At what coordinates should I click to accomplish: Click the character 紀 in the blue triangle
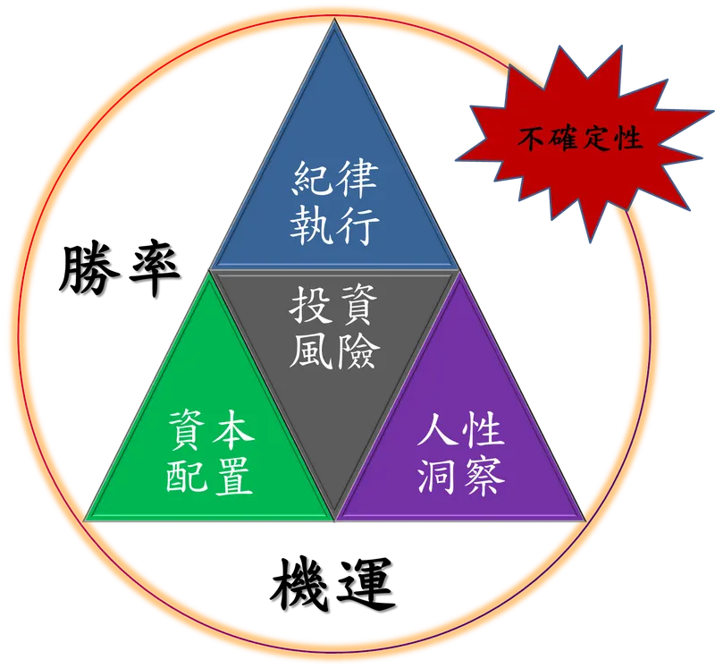(x=312, y=180)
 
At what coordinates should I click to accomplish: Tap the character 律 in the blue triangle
(x=357, y=180)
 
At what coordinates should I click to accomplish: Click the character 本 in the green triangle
(x=232, y=432)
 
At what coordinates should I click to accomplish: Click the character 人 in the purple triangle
(x=439, y=432)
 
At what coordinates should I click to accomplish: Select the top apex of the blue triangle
(x=334, y=21)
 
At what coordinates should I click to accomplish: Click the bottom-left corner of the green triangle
(x=86, y=519)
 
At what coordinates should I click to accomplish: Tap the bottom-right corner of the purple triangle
(x=584, y=519)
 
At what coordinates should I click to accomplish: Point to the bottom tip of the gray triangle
(x=334, y=519)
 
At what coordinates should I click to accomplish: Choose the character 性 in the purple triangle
(x=484, y=432)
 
